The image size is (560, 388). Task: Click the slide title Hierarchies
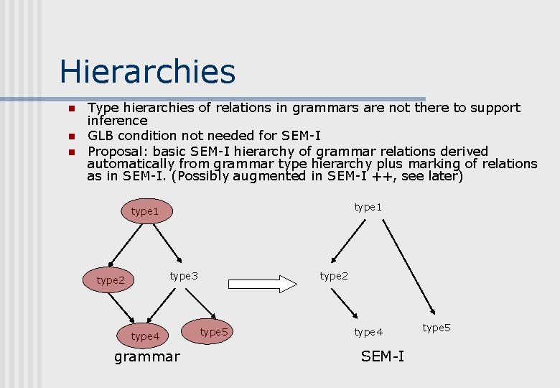[147, 72]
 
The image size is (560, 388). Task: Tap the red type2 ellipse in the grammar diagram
[111, 280]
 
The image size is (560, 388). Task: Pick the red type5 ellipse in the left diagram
[214, 332]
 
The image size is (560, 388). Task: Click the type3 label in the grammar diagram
[184, 276]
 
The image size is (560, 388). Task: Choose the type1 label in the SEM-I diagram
[368, 207]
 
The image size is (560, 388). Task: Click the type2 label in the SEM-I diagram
[334, 276]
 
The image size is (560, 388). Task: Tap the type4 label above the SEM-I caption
[368, 332]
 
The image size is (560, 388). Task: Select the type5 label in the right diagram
[437, 328]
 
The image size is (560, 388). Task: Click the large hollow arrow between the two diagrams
[263, 283]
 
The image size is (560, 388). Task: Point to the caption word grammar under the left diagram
[147, 356]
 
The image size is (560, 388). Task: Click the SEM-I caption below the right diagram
[383, 356]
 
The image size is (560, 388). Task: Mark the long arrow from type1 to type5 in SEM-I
[409, 266]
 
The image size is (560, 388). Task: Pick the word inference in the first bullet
[117, 121]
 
